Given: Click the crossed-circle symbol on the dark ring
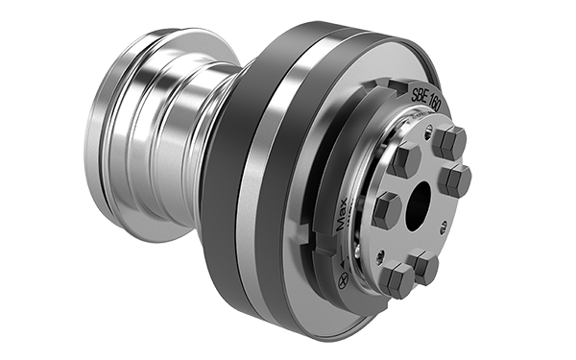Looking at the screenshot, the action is [343, 281].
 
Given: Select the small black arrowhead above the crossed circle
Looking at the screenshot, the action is [343, 263].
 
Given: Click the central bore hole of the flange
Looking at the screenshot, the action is [418, 205].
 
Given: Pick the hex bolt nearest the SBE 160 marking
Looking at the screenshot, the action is [449, 141].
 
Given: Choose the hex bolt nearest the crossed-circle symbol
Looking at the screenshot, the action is [396, 278].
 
